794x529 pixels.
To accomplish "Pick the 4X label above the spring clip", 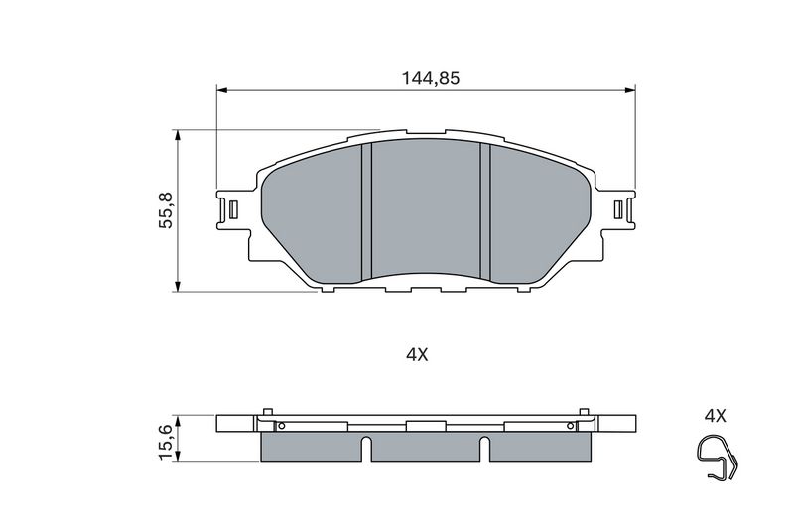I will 715,416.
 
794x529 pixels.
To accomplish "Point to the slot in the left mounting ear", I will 232,210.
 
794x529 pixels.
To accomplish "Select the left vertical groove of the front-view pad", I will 364,210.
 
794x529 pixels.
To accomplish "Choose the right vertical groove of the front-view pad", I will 485,210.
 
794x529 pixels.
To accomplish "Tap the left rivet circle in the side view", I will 281,427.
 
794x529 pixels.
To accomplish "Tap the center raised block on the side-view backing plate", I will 426,425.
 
